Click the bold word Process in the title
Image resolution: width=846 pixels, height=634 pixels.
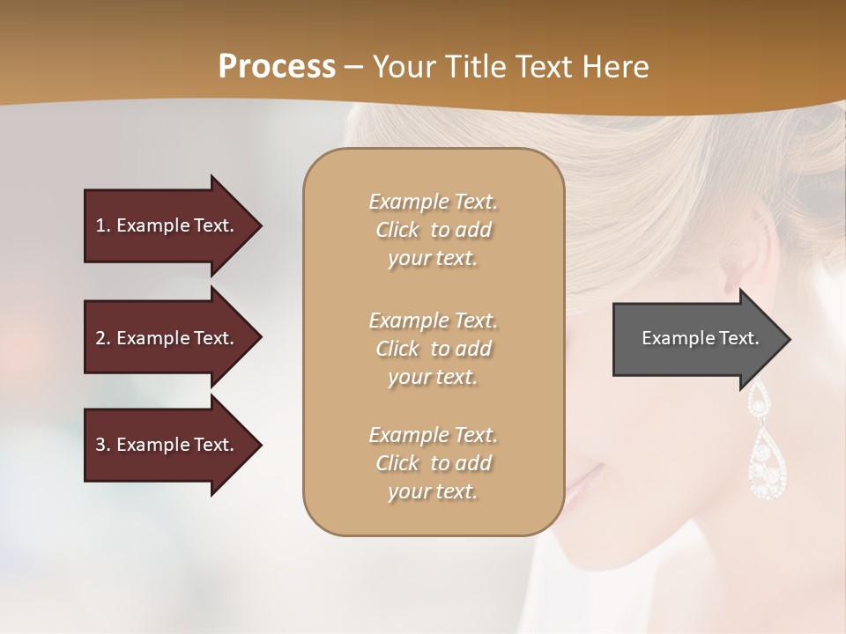click(277, 66)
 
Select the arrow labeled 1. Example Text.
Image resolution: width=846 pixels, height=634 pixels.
click(167, 225)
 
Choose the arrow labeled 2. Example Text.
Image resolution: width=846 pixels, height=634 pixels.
click(167, 338)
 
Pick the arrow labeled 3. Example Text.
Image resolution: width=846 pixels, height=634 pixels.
click(167, 445)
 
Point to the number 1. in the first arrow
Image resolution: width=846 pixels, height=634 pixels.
click(103, 225)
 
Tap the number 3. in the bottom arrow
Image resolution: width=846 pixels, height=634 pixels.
click(103, 445)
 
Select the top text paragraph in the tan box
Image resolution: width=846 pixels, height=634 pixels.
click(433, 230)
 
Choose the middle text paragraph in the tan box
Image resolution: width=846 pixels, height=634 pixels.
click(433, 349)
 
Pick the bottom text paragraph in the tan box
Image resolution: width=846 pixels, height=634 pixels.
click(433, 463)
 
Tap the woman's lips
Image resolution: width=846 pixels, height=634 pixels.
click(586, 480)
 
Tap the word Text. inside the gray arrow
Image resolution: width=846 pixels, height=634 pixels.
click(739, 338)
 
